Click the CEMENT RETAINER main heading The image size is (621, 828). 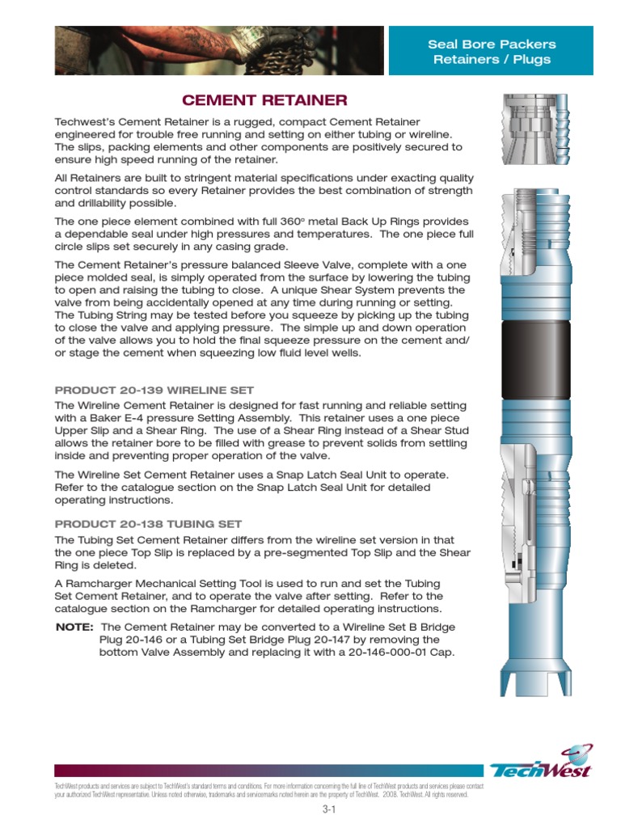(x=264, y=100)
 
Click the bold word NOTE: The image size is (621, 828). (x=74, y=627)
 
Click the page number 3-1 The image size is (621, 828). (x=327, y=811)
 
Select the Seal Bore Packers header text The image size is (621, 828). (x=492, y=44)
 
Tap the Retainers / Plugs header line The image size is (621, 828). (x=492, y=59)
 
